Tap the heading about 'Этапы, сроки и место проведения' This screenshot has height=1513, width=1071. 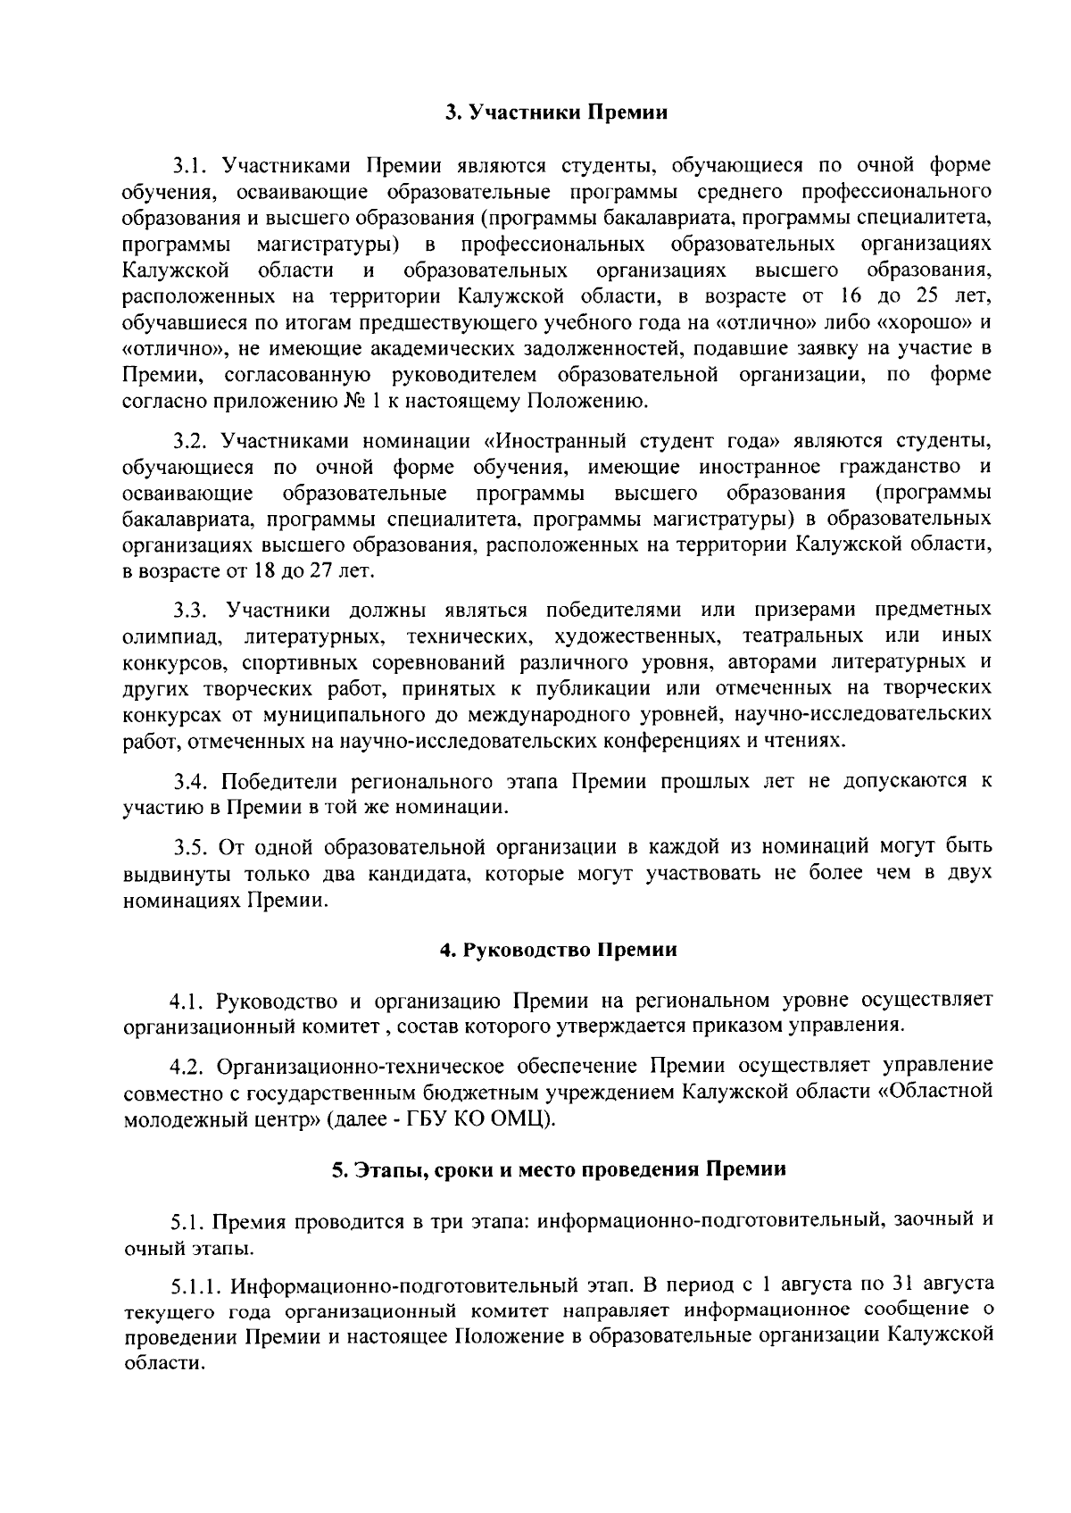point(559,1170)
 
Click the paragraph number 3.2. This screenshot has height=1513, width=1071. point(190,441)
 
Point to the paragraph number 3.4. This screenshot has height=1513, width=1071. point(191,782)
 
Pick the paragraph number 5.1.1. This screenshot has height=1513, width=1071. point(197,1285)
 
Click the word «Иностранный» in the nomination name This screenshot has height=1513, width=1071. point(554,441)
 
